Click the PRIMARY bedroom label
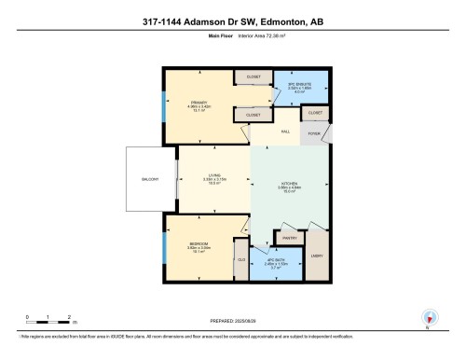(198, 102)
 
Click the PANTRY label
(289, 239)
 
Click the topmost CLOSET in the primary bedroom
(253, 77)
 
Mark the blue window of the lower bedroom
(165, 247)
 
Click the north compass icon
(429, 316)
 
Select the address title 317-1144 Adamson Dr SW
(233, 22)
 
